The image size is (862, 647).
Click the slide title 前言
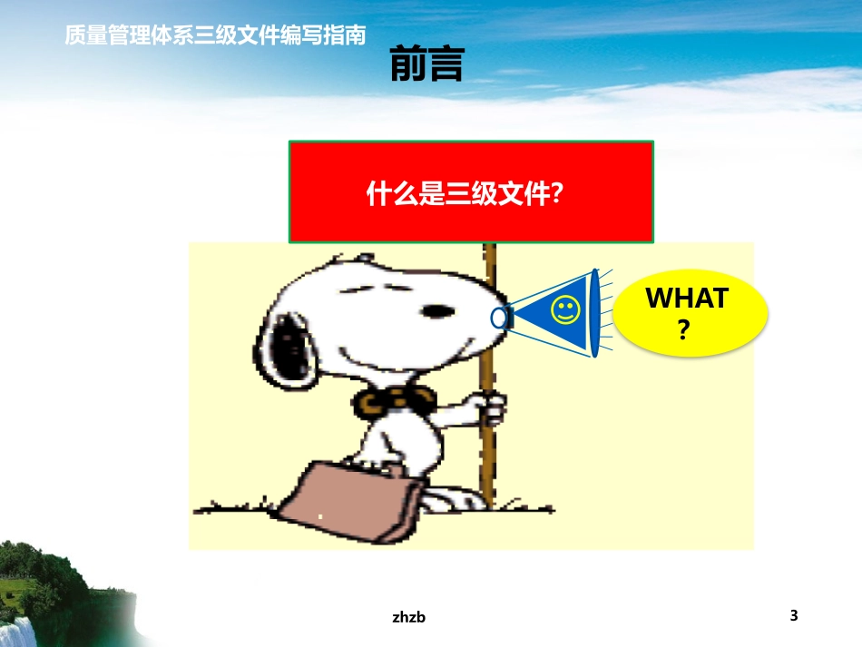pos(427,65)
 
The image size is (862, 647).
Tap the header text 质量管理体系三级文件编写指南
pos(216,35)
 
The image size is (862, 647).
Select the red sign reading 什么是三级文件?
pos(471,192)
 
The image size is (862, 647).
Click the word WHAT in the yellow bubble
pos(687,299)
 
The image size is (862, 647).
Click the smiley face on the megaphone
pos(565,310)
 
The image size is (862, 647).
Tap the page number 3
pos(794,615)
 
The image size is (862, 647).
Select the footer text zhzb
pos(409,617)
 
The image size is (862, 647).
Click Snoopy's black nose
pos(440,310)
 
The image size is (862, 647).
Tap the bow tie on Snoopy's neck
pos(397,400)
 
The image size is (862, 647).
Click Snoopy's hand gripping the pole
pos(490,407)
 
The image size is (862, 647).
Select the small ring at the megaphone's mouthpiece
pos(498,318)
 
